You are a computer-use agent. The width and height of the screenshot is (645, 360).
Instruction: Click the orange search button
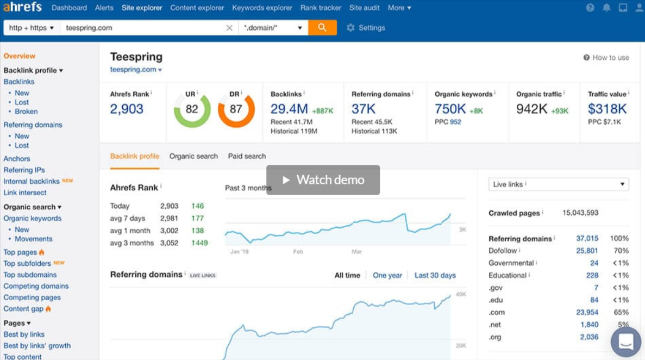pos(322,28)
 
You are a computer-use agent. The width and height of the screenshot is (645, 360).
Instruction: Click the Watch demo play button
pos(323,180)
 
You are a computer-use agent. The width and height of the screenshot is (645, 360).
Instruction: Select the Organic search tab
pos(193,156)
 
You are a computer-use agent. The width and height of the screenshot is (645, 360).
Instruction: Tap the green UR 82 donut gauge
pos(192,109)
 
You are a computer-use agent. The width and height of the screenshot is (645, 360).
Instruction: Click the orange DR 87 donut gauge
pos(236,109)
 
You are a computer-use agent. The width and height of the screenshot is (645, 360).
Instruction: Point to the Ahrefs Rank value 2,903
pos(127,109)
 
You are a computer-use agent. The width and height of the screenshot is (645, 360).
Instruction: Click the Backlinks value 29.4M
pos(289,109)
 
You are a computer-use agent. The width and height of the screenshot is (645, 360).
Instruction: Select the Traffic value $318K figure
pos(607,109)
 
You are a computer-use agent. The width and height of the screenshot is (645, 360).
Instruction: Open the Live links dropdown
pos(559,184)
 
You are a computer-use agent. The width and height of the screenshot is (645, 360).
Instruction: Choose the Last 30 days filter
pos(435,275)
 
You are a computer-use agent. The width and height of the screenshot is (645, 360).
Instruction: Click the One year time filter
pos(387,275)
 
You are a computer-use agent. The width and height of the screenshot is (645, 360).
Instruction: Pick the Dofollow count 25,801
pos(587,251)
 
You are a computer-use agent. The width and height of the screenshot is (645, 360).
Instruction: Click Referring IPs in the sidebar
pos(24,170)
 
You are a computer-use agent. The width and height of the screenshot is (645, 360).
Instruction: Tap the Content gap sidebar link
pos(23,309)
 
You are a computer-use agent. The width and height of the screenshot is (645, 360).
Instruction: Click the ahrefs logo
pos(22,8)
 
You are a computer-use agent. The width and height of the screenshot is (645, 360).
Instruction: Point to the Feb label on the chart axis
pos(298,252)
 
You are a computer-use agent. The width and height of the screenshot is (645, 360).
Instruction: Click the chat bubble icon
pos(626,342)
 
